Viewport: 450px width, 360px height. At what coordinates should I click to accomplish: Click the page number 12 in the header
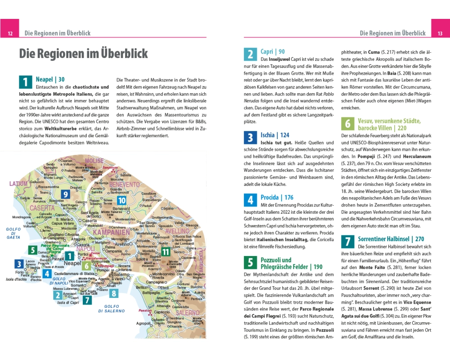(x=10, y=34)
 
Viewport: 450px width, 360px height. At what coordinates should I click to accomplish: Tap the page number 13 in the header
(x=440, y=34)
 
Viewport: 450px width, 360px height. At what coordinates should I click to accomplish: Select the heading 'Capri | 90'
(x=273, y=52)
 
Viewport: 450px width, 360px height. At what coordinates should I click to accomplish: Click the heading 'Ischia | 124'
(x=275, y=135)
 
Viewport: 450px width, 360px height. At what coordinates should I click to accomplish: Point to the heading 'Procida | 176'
(x=277, y=198)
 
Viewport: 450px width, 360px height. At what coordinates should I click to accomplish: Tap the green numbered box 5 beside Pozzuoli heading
(x=250, y=263)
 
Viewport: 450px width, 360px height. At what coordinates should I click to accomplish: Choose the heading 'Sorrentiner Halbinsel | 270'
(x=391, y=239)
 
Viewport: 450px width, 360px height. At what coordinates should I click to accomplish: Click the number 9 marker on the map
(x=66, y=194)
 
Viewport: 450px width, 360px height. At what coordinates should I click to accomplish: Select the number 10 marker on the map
(x=121, y=201)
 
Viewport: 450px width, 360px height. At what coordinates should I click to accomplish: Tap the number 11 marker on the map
(x=166, y=252)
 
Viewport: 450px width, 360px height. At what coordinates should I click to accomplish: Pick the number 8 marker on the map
(x=114, y=294)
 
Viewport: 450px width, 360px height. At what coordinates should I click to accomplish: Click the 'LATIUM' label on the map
(x=18, y=184)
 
